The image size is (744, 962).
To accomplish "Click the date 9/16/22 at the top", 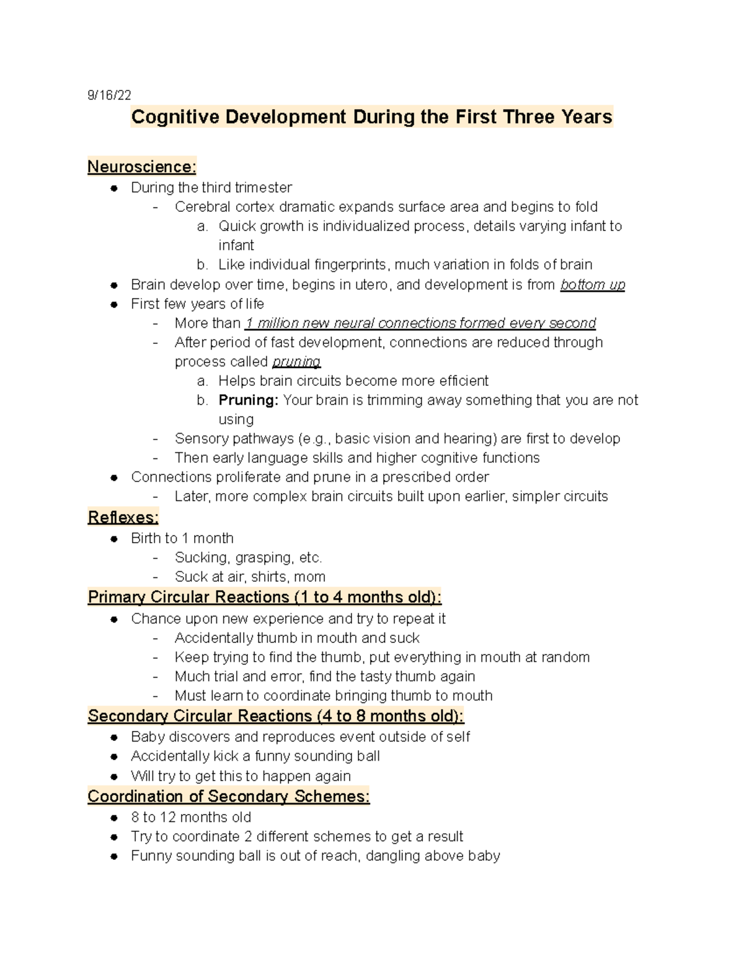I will click(x=109, y=95).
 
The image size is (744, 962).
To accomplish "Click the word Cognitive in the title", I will click(x=175, y=117).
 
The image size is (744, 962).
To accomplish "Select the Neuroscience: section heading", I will click(x=142, y=167).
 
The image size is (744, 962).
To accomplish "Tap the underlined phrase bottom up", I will click(x=592, y=285).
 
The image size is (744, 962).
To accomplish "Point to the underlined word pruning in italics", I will click(x=296, y=362).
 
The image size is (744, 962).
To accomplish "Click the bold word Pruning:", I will click(x=249, y=400).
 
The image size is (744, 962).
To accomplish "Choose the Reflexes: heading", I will click(x=123, y=517).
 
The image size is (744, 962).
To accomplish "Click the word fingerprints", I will click(x=352, y=265).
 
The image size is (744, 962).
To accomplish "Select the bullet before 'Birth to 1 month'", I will click(x=114, y=539).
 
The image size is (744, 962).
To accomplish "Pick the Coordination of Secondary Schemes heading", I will click(x=229, y=797).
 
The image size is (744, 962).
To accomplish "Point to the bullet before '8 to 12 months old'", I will click(x=114, y=818).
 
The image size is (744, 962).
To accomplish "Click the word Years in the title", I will click(x=587, y=117).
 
